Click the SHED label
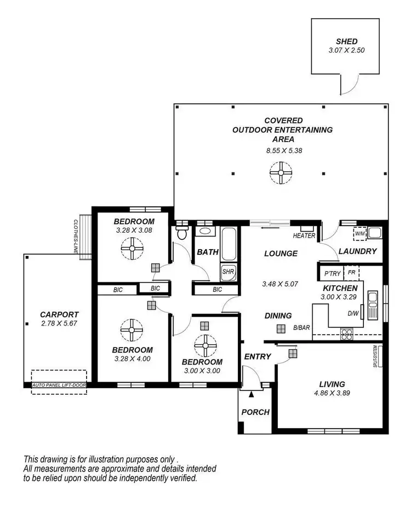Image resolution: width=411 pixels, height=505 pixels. (347, 41)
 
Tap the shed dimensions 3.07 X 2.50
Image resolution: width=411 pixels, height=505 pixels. (347, 50)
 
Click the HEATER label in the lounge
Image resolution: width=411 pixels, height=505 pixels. (305, 235)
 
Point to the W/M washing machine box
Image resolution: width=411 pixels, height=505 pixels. (360, 233)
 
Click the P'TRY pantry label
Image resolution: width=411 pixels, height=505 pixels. (333, 273)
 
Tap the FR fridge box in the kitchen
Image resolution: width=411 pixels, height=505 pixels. (352, 272)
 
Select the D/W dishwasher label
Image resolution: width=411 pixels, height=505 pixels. (353, 314)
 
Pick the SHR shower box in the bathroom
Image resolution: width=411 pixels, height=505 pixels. (228, 271)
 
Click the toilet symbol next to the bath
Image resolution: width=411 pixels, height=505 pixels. (182, 234)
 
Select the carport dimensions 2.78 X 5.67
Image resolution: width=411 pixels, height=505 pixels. (60, 324)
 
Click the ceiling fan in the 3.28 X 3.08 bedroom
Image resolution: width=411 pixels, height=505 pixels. (132, 251)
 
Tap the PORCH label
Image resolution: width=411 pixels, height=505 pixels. (256, 412)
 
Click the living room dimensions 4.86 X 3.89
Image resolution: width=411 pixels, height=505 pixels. (332, 393)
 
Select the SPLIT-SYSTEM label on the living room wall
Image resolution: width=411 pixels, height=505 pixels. (375, 356)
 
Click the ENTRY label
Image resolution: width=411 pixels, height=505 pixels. (258, 356)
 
